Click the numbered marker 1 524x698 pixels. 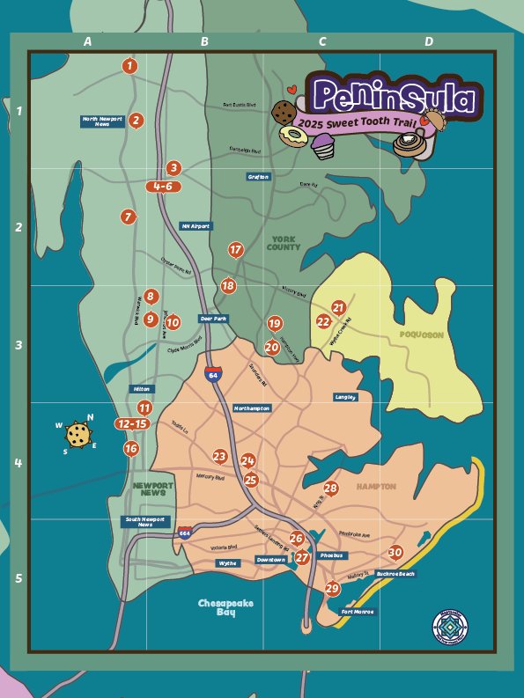130,65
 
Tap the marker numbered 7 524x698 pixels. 129,217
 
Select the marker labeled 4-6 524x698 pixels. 163,187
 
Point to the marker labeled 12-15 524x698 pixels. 132,424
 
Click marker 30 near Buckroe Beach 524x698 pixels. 395,552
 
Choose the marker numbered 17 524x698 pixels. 235,250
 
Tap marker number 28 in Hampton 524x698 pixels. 330,489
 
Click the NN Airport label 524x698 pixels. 196,226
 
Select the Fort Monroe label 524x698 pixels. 357,612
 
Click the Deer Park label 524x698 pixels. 213,319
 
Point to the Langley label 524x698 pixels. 345,398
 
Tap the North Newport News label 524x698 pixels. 102,121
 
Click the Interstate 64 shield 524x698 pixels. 212,374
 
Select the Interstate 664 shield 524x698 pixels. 185,533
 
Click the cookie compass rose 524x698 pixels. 78,434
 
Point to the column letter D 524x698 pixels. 429,41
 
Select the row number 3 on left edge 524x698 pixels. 18,345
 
